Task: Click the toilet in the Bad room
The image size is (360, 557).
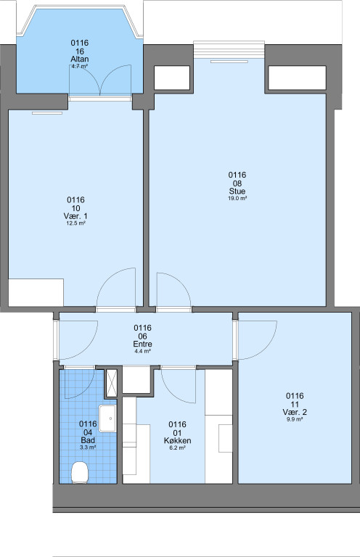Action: [x=80, y=472]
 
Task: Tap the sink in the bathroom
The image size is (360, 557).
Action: [x=107, y=418]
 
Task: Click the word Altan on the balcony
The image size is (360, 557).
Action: [x=80, y=59]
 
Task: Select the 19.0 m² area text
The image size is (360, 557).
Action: [x=237, y=199]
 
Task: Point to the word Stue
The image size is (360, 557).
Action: [x=237, y=191]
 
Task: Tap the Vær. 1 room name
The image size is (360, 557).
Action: [x=75, y=216]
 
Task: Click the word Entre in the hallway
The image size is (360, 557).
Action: [x=142, y=344]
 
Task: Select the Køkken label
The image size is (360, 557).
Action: [x=177, y=440]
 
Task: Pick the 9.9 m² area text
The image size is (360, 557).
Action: [x=295, y=419]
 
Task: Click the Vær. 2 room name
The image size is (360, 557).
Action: [x=295, y=412]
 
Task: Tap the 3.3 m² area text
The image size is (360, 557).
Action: [x=88, y=448]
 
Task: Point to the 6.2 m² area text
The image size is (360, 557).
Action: [x=177, y=448]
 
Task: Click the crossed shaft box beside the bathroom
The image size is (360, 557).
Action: [x=112, y=383]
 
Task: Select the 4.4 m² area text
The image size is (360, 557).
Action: [x=142, y=351]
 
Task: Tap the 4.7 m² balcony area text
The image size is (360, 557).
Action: [x=80, y=67]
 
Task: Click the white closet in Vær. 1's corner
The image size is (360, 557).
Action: [x=36, y=293]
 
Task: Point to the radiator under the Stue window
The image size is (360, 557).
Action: [x=229, y=62]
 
